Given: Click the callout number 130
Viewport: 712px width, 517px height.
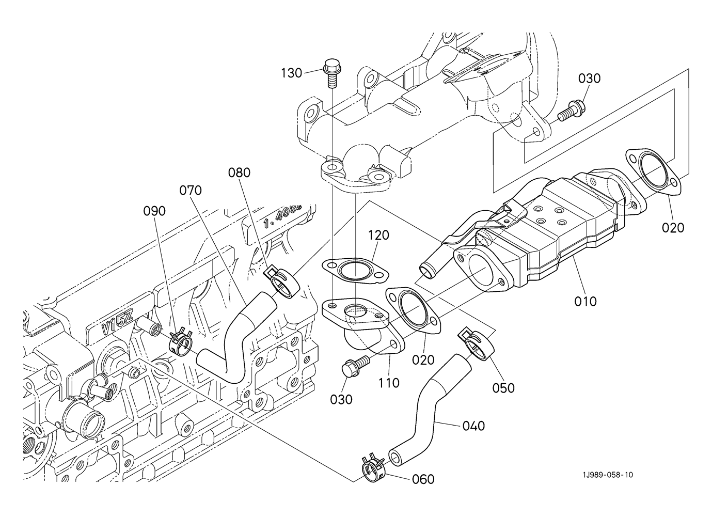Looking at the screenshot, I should pyautogui.click(x=291, y=73).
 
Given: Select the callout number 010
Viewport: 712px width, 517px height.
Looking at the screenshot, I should pyautogui.click(x=586, y=301).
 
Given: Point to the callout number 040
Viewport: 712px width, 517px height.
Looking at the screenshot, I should pyautogui.click(x=473, y=426).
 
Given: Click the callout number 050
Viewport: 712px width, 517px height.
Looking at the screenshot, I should pyautogui.click(x=503, y=387).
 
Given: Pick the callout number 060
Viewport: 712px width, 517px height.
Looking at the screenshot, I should pyautogui.click(x=423, y=479).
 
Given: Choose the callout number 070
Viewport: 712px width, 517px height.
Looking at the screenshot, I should pyautogui.click(x=191, y=190).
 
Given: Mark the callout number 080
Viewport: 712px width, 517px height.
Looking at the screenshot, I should pyautogui.click(x=239, y=173).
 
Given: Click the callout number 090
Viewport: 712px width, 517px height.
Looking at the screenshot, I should pyautogui.click(x=154, y=211).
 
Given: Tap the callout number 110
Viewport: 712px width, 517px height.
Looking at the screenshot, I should pyautogui.click(x=388, y=383).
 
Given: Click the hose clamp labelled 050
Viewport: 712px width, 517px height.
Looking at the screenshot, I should pyautogui.click(x=476, y=343).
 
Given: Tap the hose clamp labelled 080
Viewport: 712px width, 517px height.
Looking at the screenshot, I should pyautogui.click(x=282, y=281).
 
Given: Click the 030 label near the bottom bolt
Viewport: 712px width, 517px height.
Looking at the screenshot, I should pyautogui.click(x=341, y=399).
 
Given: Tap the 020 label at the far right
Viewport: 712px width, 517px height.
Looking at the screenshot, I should pyautogui.click(x=673, y=227).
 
